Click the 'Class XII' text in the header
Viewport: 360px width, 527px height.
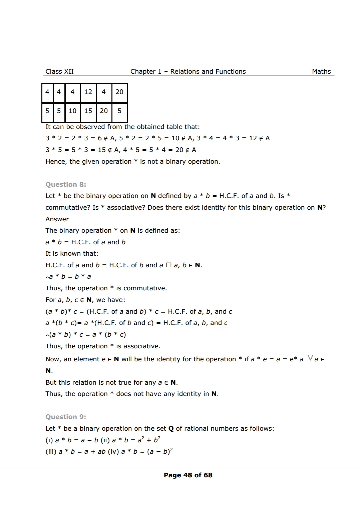click(59, 71)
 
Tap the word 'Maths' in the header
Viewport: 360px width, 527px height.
click(321, 71)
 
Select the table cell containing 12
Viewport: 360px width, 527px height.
click(88, 92)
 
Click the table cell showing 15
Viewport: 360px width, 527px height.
click(88, 111)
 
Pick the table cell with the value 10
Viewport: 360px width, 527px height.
click(72, 111)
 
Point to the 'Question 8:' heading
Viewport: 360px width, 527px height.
click(66, 184)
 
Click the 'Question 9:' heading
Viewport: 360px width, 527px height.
click(66, 417)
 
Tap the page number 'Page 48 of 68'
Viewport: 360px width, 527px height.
click(188, 475)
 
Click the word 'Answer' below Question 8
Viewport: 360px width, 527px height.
click(57, 219)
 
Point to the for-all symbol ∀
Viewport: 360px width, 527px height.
click(310, 358)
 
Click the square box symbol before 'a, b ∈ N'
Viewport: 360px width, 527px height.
click(168, 265)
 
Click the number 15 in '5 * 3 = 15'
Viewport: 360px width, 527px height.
click(102, 150)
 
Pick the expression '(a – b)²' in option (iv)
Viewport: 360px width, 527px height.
click(160, 452)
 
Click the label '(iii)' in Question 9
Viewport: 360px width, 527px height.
click(51, 452)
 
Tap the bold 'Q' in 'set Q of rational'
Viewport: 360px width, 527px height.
click(171, 428)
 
